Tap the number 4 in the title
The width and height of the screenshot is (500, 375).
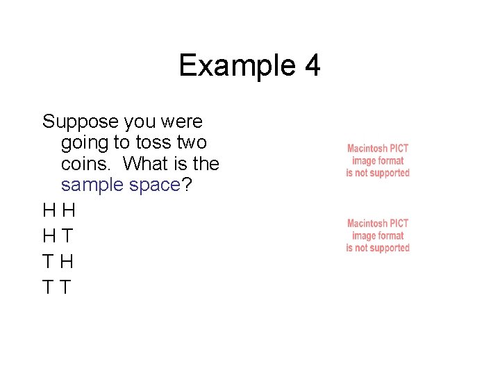pyautogui.click(x=312, y=66)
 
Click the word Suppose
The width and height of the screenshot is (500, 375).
pyautogui.click(x=81, y=122)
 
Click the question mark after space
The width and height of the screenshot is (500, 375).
pyautogui.click(x=187, y=185)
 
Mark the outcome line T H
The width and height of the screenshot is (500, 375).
pyautogui.click(x=58, y=262)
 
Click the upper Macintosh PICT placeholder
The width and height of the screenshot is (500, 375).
pyautogui.click(x=378, y=160)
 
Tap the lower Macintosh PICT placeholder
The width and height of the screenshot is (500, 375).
pyautogui.click(x=378, y=235)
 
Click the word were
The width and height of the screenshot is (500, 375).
pyautogui.click(x=182, y=122)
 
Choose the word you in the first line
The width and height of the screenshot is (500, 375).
pyautogui.click(x=140, y=122)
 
